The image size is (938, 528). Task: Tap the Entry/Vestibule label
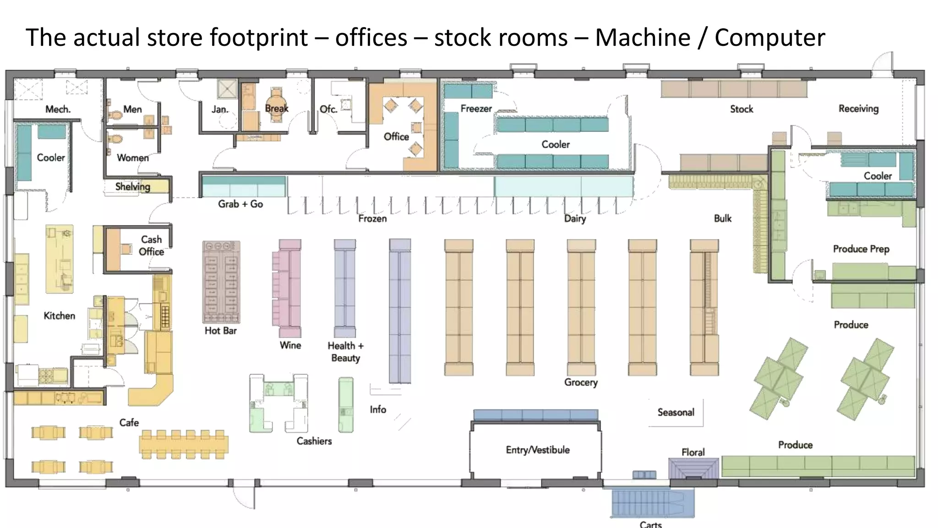coord(538,450)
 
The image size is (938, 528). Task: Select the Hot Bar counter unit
coord(221,282)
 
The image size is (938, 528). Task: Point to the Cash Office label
coord(151,245)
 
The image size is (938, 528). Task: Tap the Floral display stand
coord(693,468)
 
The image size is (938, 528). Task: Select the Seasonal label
coord(676,412)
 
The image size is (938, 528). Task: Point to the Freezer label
coord(476,109)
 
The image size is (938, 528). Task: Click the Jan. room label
coord(220,109)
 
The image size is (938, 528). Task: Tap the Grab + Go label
coord(240,204)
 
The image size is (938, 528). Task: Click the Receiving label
coord(858,109)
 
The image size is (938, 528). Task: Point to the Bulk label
coord(722,218)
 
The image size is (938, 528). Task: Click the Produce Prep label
coord(861,249)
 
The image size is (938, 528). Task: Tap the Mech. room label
coord(58,109)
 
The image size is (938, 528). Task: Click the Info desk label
coord(378,409)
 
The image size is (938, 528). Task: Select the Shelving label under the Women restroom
coord(132,187)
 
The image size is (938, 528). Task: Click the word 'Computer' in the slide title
coord(769,38)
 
